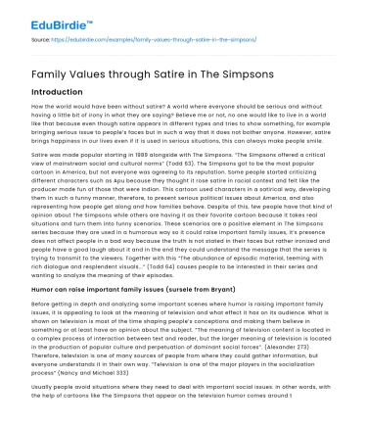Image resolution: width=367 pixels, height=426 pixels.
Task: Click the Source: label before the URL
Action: [x=43, y=41]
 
